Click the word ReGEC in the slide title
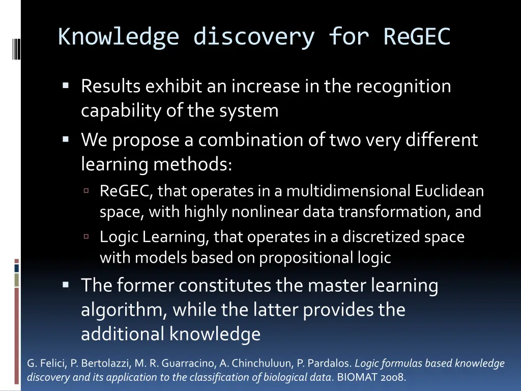tap(417, 37)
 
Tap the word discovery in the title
tap(253, 37)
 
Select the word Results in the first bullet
tap(111, 87)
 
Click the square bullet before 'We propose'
tap(66, 138)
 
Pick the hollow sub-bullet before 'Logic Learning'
tap(86, 236)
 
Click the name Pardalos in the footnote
tap(333, 364)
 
